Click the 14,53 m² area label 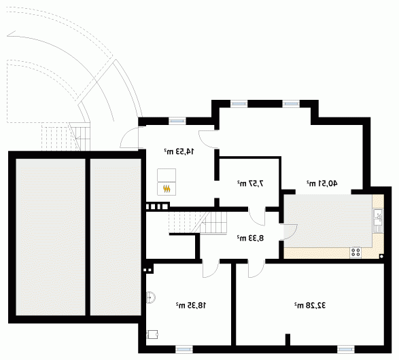pos(179,151)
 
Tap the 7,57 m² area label pos(250,183)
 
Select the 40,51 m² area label pos(322,183)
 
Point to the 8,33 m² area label pos(250,238)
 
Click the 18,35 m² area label pos(191,305)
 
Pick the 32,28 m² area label pos(310,305)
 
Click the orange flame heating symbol pos(167,189)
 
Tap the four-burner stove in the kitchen pos(355,253)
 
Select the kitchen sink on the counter pos(379,221)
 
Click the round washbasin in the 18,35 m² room pos(151,298)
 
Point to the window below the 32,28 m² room pos(346,349)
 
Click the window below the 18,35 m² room pos(184,349)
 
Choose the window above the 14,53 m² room pos(177,122)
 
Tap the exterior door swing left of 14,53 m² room pos(129,137)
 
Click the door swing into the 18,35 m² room pos(211,269)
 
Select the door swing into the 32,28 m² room pos(256,269)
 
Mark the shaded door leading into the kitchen pos(288,232)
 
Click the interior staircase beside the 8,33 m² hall pos(198,223)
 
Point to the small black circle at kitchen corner pos(381,257)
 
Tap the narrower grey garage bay pos(116,237)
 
